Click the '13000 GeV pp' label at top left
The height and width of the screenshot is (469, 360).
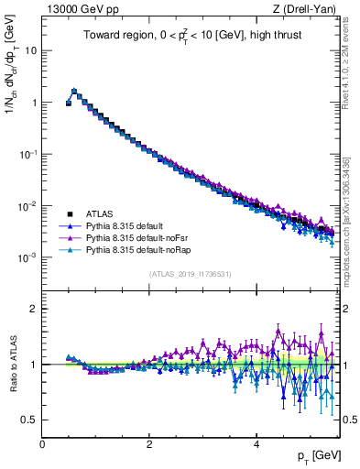(79, 8)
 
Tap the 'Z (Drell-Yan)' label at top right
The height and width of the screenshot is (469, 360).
(308, 8)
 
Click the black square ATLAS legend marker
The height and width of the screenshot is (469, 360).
(70, 212)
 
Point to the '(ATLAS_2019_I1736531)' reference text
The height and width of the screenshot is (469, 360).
(191, 274)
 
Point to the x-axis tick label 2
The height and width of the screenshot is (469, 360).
(149, 443)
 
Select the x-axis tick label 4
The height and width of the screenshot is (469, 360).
(256, 443)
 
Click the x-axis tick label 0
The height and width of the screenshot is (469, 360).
(43, 443)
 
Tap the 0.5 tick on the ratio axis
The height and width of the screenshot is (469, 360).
(30, 420)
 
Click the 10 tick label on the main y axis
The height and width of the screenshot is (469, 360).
(30, 51)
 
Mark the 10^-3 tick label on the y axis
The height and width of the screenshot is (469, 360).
(27, 258)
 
